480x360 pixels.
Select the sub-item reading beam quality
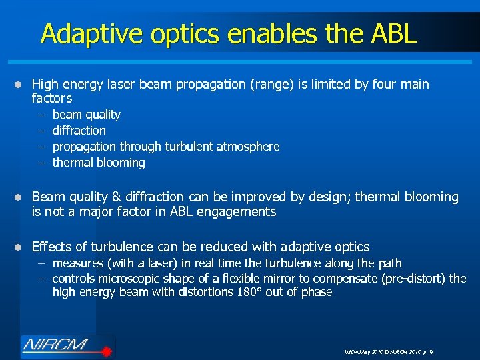pyautogui.click(x=86, y=115)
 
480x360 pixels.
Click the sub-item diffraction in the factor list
pyautogui.click(x=79, y=131)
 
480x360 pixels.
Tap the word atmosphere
pyautogui.click(x=247, y=147)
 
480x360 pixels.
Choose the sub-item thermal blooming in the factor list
pyautogui.click(x=98, y=163)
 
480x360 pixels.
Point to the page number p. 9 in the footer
pyautogui.click(x=427, y=352)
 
